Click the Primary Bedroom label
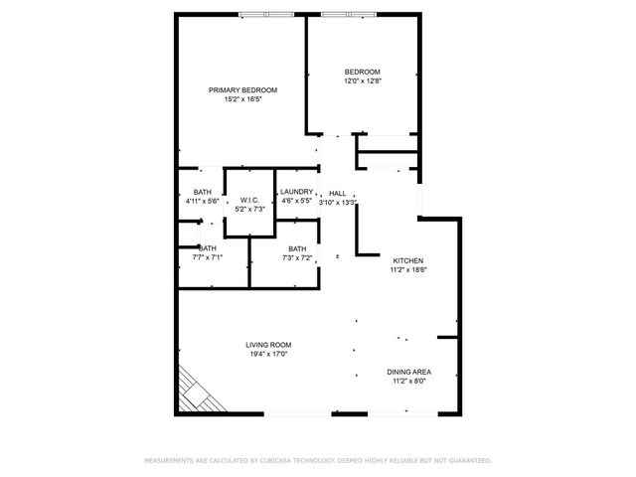pos(242,90)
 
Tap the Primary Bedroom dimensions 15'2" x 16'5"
pos(242,99)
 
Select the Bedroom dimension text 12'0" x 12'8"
pos(362,81)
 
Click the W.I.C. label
pos(247,201)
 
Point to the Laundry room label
pos(296,192)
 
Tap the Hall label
pos(337,193)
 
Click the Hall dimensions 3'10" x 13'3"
pos(337,202)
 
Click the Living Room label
pos(268,345)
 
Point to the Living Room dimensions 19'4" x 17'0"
pos(268,354)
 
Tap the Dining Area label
pos(408,372)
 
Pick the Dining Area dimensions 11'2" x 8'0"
pos(408,381)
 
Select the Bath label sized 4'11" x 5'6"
pos(202,192)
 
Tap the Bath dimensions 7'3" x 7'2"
pos(297,257)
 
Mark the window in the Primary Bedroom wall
pos(267,15)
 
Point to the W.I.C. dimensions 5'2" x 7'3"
pos(247,210)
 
